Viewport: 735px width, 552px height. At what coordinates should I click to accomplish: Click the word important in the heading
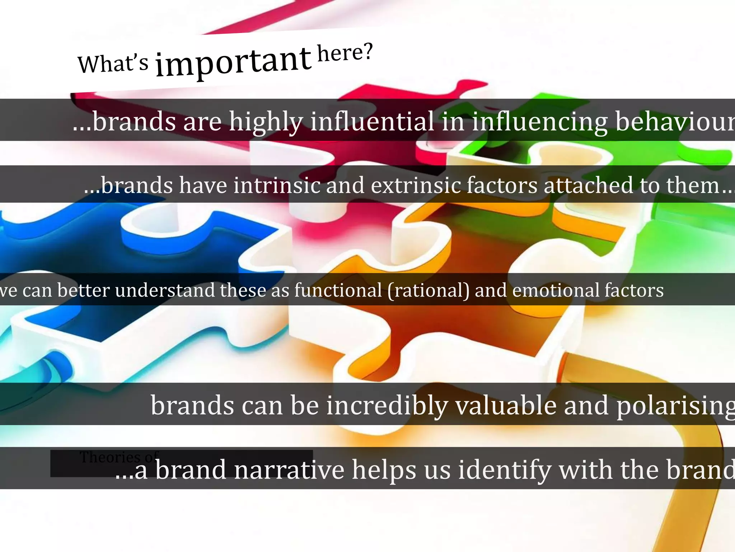coord(233,61)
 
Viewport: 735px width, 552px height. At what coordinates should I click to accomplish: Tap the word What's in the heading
coord(113,64)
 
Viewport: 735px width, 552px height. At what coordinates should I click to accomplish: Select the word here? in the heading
coord(345,53)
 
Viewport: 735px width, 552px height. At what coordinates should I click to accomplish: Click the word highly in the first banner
coord(266,121)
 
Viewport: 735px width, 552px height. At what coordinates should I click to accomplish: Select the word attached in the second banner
coord(588,185)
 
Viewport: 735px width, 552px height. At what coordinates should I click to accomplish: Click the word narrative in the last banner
coord(285,469)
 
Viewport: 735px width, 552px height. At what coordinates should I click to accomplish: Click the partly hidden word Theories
coord(110,457)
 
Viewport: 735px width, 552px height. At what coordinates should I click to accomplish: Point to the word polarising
coord(675,405)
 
